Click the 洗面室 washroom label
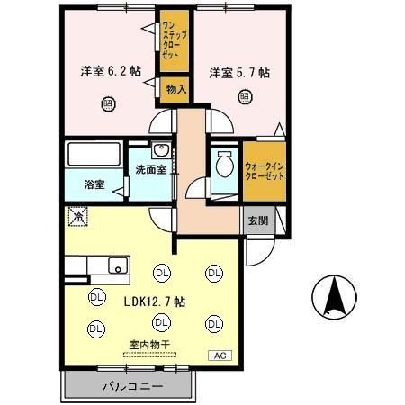pyautogui.click(x=151, y=169)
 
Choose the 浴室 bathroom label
pyautogui.click(x=94, y=184)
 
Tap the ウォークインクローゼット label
pyautogui.click(x=265, y=170)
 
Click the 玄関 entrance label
pyautogui.click(x=258, y=221)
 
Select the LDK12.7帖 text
pyautogui.click(x=156, y=301)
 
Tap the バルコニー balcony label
pyautogui.click(x=126, y=388)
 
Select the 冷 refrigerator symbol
pyautogui.click(x=79, y=217)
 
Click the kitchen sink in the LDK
pyautogui.click(x=117, y=265)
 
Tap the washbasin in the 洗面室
pyautogui.click(x=161, y=151)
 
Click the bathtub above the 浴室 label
pyautogui.click(x=94, y=155)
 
